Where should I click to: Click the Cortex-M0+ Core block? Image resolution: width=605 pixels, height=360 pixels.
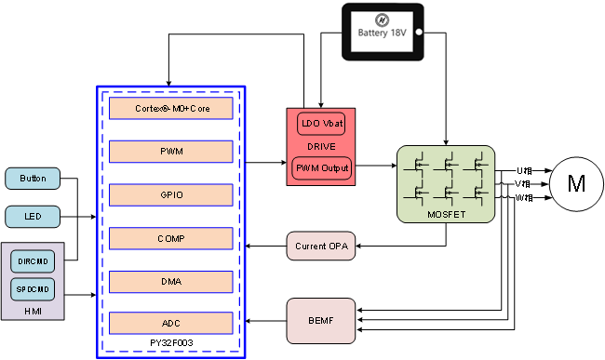coord(170,109)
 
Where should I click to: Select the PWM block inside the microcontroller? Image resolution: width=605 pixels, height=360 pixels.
coord(170,152)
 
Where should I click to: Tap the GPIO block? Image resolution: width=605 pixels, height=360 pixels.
coord(170,194)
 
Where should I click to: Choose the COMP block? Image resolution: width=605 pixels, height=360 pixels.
coord(170,238)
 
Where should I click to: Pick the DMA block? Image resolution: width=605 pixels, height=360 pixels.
coord(170,281)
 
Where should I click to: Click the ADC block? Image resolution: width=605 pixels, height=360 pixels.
coord(170,324)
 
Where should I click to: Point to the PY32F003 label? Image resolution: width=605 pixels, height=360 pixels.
coord(171,343)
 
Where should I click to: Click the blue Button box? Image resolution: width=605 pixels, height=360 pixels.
coord(33,179)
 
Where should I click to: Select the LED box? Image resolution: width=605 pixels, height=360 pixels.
coord(33,217)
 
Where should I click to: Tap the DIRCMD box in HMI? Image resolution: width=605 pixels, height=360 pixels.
coord(33,261)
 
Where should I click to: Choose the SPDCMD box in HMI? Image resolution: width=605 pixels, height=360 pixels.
coord(33,289)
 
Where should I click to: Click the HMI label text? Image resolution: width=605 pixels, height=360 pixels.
coord(33,311)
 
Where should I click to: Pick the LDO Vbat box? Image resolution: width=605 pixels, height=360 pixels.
coord(321,125)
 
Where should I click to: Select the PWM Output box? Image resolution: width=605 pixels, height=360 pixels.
coord(321,168)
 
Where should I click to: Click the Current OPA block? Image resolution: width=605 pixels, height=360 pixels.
coord(321,247)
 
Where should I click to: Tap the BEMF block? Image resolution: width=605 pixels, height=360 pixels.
coord(321,321)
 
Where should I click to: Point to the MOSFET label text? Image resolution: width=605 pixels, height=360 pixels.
coord(445,214)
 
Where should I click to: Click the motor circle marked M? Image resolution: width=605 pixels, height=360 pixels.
coord(576,182)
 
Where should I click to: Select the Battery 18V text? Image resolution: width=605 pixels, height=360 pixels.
coord(383,33)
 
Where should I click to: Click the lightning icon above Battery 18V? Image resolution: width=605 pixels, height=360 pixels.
coord(382,19)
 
